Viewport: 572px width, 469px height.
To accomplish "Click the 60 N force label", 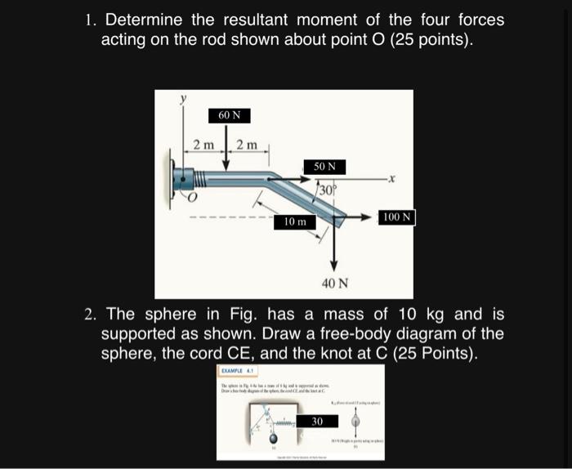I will (229, 115).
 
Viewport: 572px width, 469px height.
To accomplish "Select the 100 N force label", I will (398, 217).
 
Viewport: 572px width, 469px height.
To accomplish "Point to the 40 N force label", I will (334, 284).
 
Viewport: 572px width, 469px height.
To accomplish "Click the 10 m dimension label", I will (295, 221).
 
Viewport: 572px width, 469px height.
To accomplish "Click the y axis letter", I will (184, 98).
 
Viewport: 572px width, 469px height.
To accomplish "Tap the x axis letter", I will (391, 177).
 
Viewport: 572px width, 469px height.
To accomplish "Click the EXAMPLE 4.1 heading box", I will (240, 371).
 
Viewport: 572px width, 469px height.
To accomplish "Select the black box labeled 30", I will (316, 421).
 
